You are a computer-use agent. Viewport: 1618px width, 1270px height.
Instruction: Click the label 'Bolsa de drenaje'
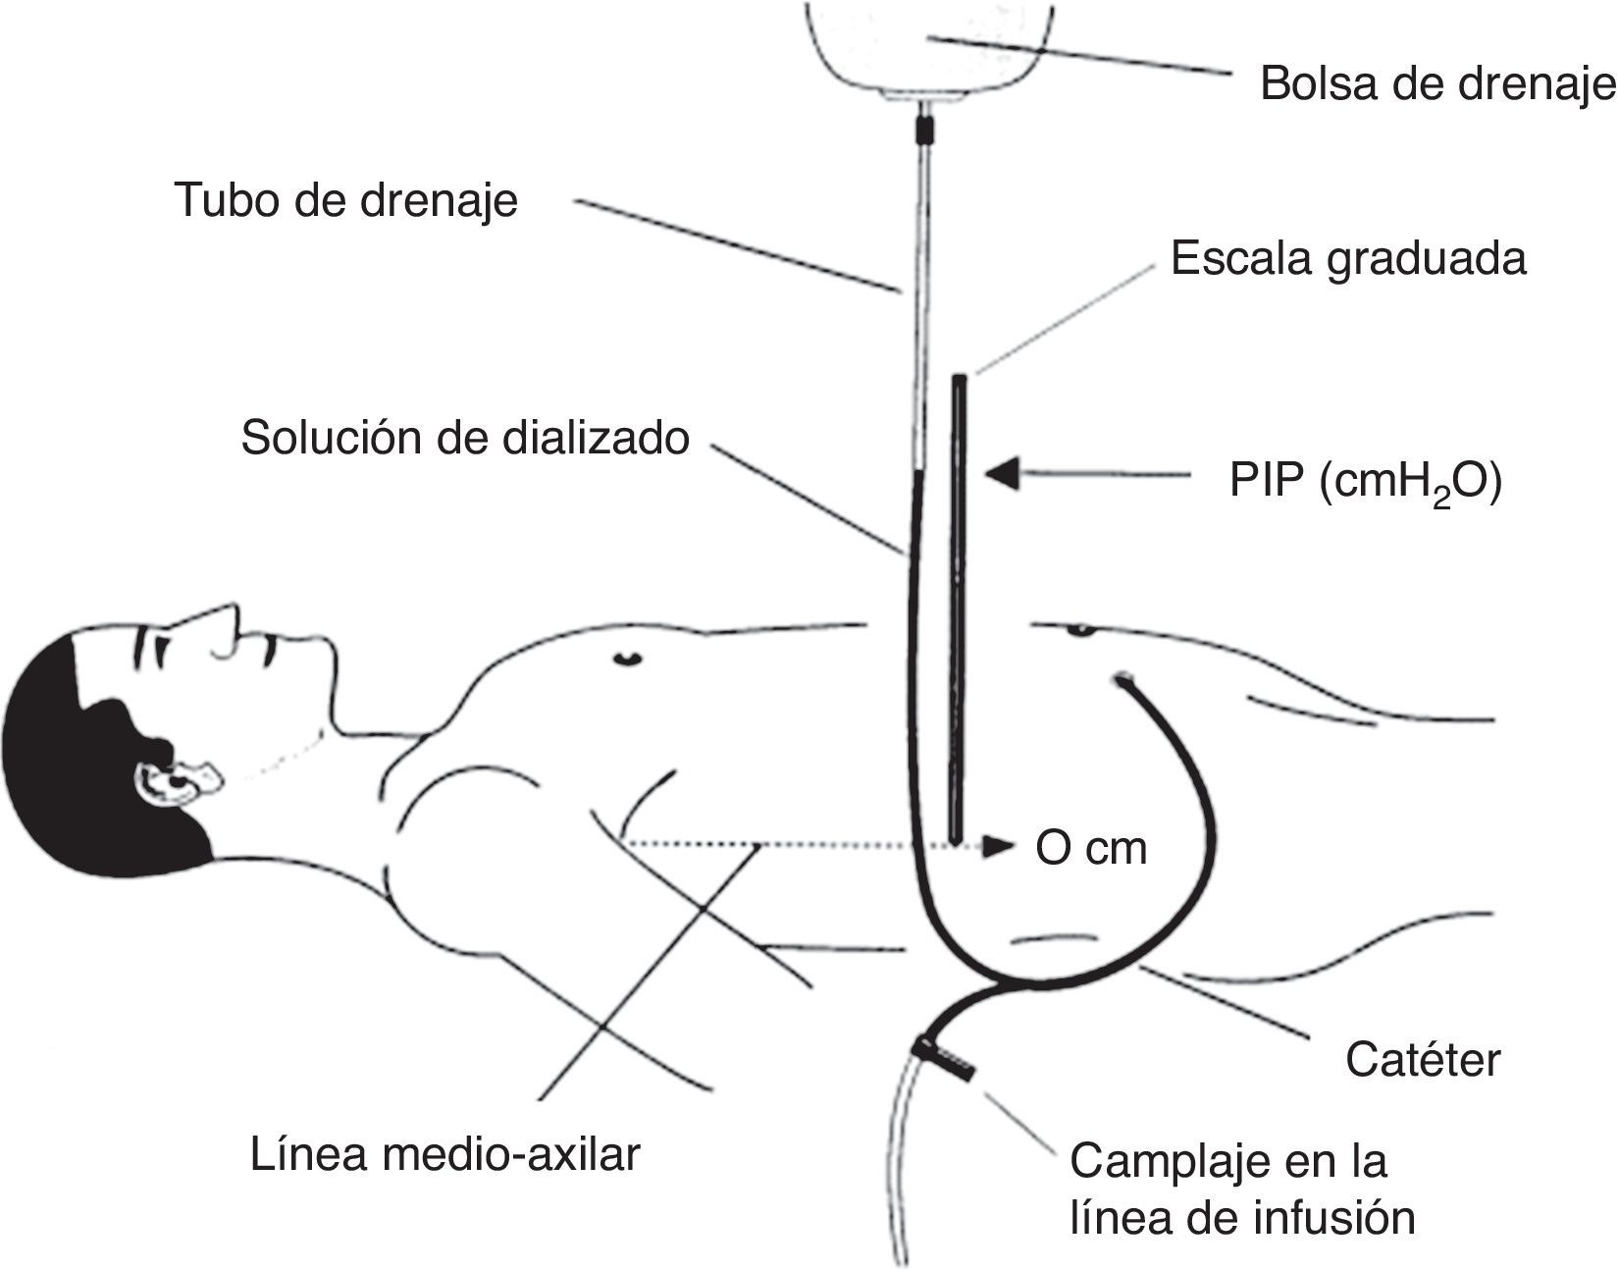[1436, 84]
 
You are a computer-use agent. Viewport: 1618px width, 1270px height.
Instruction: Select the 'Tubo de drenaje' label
[346, 201]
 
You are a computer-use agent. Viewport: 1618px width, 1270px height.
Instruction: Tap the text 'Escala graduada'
[1348, 260]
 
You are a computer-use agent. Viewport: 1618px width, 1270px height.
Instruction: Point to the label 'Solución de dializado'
[465, 438]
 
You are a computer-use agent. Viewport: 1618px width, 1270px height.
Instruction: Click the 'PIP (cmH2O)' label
[1365, 484]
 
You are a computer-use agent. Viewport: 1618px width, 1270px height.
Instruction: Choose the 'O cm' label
[1091, 848]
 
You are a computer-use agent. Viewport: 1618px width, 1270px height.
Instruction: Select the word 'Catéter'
[1423, 1060]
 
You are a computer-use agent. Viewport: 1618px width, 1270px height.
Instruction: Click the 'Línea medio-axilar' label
[444, 1154]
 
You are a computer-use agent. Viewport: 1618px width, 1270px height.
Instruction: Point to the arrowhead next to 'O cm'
[1000, 846]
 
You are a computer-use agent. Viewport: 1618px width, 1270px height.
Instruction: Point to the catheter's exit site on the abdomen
[1122, 678]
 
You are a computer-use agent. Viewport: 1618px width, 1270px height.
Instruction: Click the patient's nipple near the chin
[625, 657]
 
